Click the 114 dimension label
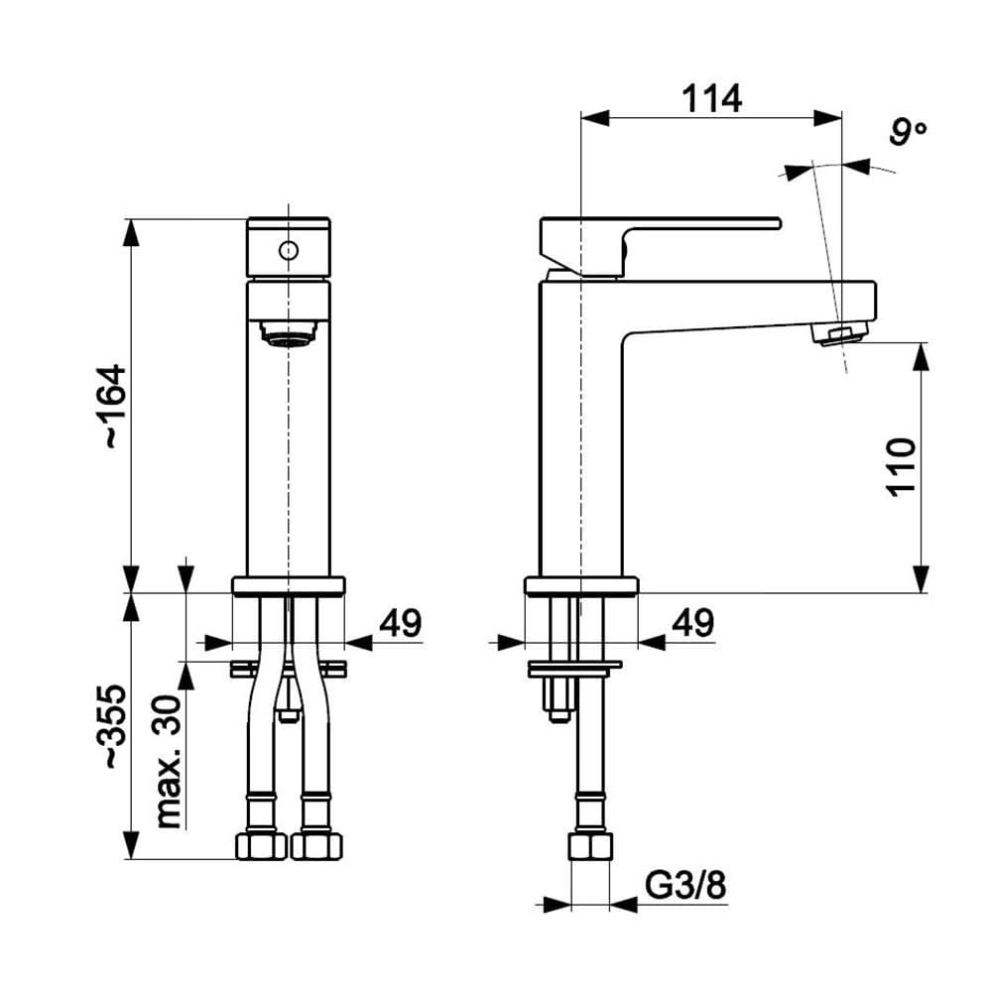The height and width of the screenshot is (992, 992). point(711,98)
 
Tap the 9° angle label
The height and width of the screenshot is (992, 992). point(908,132)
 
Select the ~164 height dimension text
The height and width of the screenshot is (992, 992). point(115,406)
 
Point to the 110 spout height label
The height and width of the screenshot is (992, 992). point(901,465)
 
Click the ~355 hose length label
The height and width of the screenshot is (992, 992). point(115,726)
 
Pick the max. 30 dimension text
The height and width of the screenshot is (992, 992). point(168,762)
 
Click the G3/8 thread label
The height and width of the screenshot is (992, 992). point(685,885)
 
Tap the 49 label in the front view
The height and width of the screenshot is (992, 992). point(401,623)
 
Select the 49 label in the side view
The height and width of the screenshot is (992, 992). point(693,623)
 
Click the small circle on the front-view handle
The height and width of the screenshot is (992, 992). point(289,251)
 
